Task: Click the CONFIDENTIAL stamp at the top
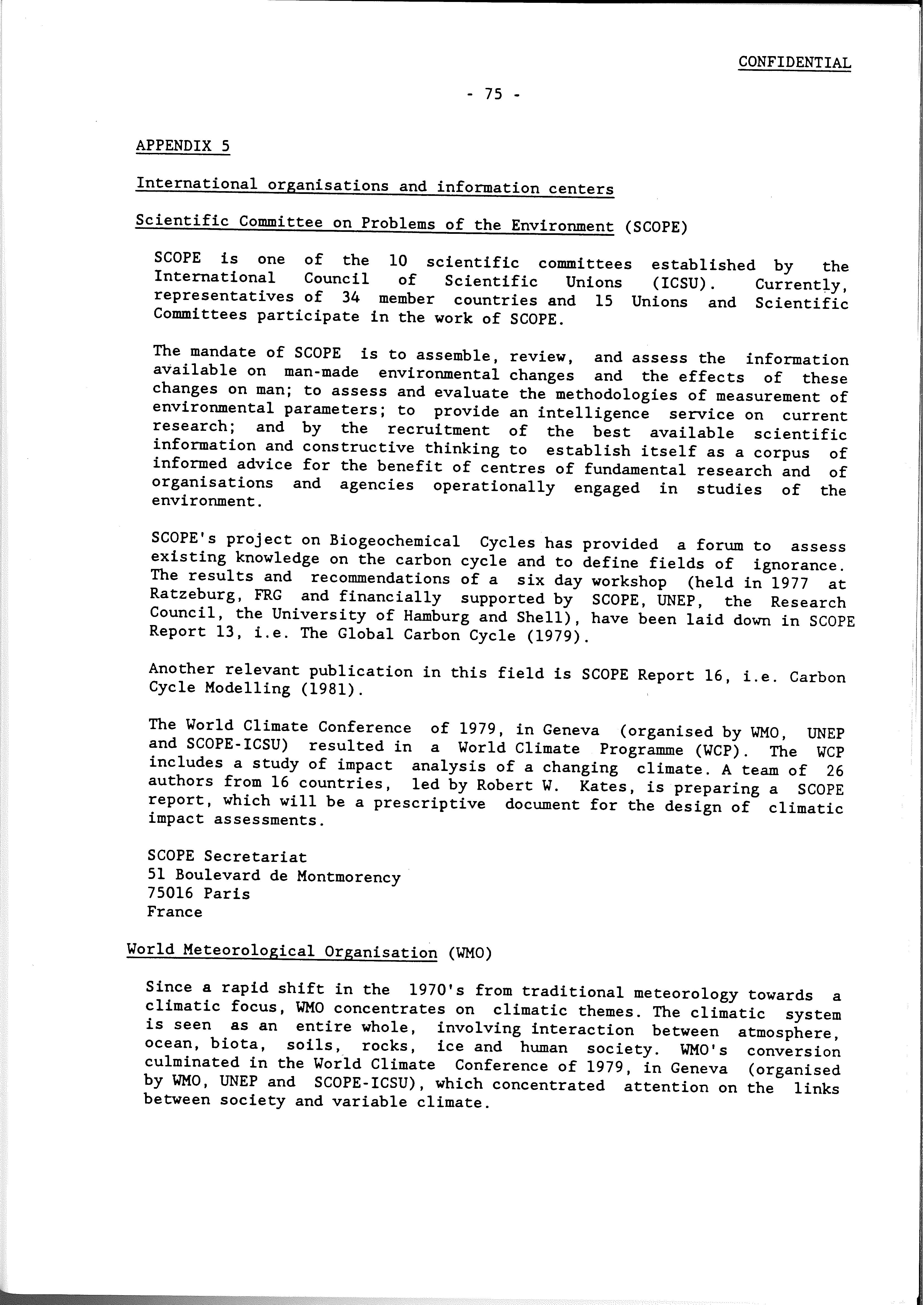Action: pos(794,63)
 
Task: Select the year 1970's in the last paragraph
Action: pos(436,990)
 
